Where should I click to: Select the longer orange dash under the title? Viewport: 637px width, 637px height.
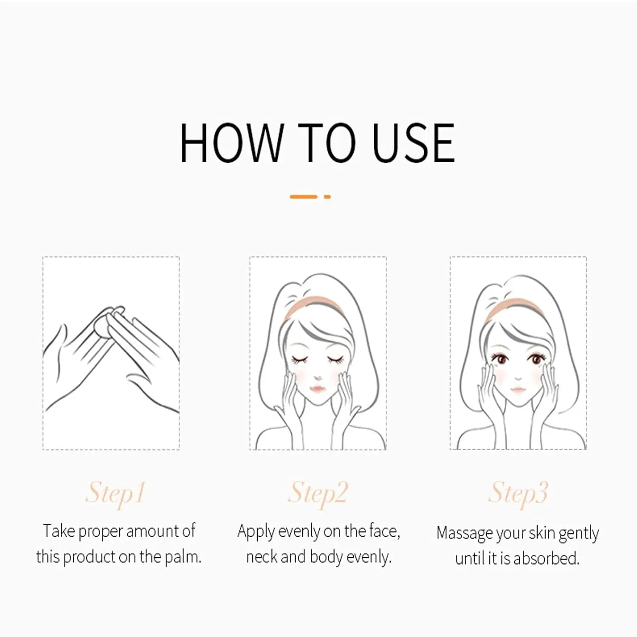[303, 197]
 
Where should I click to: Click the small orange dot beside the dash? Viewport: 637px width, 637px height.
[327, 197]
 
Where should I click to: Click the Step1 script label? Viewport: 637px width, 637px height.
[115, 493]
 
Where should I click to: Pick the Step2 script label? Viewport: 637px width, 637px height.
[318, 493]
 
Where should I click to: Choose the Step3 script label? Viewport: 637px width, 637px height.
[518, 493]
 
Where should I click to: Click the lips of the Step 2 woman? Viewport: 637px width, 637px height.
[318, 389]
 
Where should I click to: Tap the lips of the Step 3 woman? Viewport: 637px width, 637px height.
[518, 389]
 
